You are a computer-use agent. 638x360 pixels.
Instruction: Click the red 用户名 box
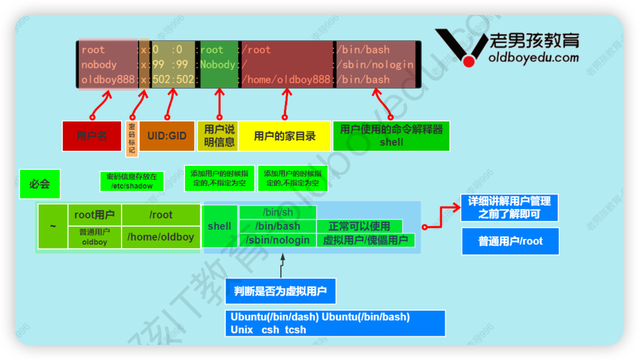92,136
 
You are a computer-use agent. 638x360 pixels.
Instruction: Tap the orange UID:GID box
167,136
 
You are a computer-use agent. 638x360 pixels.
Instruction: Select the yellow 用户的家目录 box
285,136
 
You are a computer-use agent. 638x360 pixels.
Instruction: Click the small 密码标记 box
131,139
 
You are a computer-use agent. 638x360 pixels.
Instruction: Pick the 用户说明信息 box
219,136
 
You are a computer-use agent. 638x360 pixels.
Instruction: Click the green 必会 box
40,184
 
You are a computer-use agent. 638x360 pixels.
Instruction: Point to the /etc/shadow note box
132,181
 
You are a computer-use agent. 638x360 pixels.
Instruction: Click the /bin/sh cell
278,212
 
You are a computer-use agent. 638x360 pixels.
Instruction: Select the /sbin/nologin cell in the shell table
278,240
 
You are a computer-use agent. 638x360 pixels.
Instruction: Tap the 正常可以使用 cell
359,226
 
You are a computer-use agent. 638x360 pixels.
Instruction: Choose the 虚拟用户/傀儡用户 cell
365,240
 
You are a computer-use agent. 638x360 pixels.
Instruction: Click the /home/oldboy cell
161,237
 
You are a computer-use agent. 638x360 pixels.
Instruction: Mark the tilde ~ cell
53,226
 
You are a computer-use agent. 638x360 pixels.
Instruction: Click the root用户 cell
95,215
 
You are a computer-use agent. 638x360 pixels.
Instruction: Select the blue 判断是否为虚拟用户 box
280,291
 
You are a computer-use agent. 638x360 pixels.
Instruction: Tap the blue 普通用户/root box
510,241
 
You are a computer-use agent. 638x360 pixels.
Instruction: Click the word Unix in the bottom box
242,330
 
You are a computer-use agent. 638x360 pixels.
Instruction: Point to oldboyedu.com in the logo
533,58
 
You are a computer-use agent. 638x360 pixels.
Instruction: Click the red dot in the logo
469,62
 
